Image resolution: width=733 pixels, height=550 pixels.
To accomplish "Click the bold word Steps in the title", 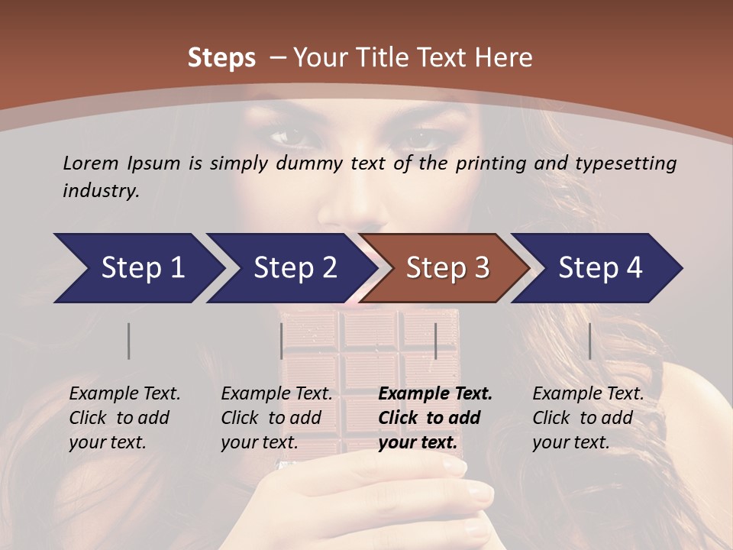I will pyautogui.click(x=221, y=58).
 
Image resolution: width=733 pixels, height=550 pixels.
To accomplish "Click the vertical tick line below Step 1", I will pyautogui.click(x=129, y=341).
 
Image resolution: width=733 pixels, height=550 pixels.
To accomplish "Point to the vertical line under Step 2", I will pyautogui.click(x=282, y=341).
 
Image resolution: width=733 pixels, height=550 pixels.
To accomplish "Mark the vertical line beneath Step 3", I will pyautogui.click(x=436, y=341).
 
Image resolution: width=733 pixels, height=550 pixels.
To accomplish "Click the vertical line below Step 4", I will pyautogui.click(x=590, y=341).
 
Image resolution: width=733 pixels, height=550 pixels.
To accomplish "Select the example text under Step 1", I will pyautogui.click(x=124, y=418).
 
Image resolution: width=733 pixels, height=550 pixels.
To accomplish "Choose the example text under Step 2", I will pyautogui.click(x=276, y=418).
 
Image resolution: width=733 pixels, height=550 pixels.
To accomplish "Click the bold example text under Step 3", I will pyautogui.click(x=434, y=418).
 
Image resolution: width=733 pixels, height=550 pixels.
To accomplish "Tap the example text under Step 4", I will pyautogui.click(x=588, y=418).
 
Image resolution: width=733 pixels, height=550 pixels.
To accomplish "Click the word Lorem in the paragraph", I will pyautogui.click(x=91, y=163).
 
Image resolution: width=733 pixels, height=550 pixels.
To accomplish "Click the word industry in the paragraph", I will pyautogui.click(x=101, y=191).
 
